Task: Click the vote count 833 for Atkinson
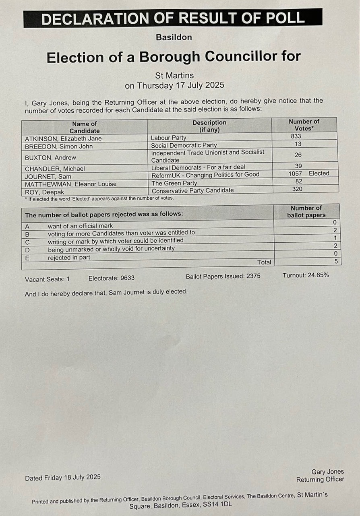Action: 296,136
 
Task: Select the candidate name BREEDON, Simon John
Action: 59,146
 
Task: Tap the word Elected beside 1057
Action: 319,173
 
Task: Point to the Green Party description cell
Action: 174,183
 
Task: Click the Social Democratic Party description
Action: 184,145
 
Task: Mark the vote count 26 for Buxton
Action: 298,155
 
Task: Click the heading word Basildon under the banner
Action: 174,37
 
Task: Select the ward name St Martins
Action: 174,75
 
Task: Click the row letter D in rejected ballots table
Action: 27,249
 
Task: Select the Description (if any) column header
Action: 209,126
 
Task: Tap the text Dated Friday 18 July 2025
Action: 63,478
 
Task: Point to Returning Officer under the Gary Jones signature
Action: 320,479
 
